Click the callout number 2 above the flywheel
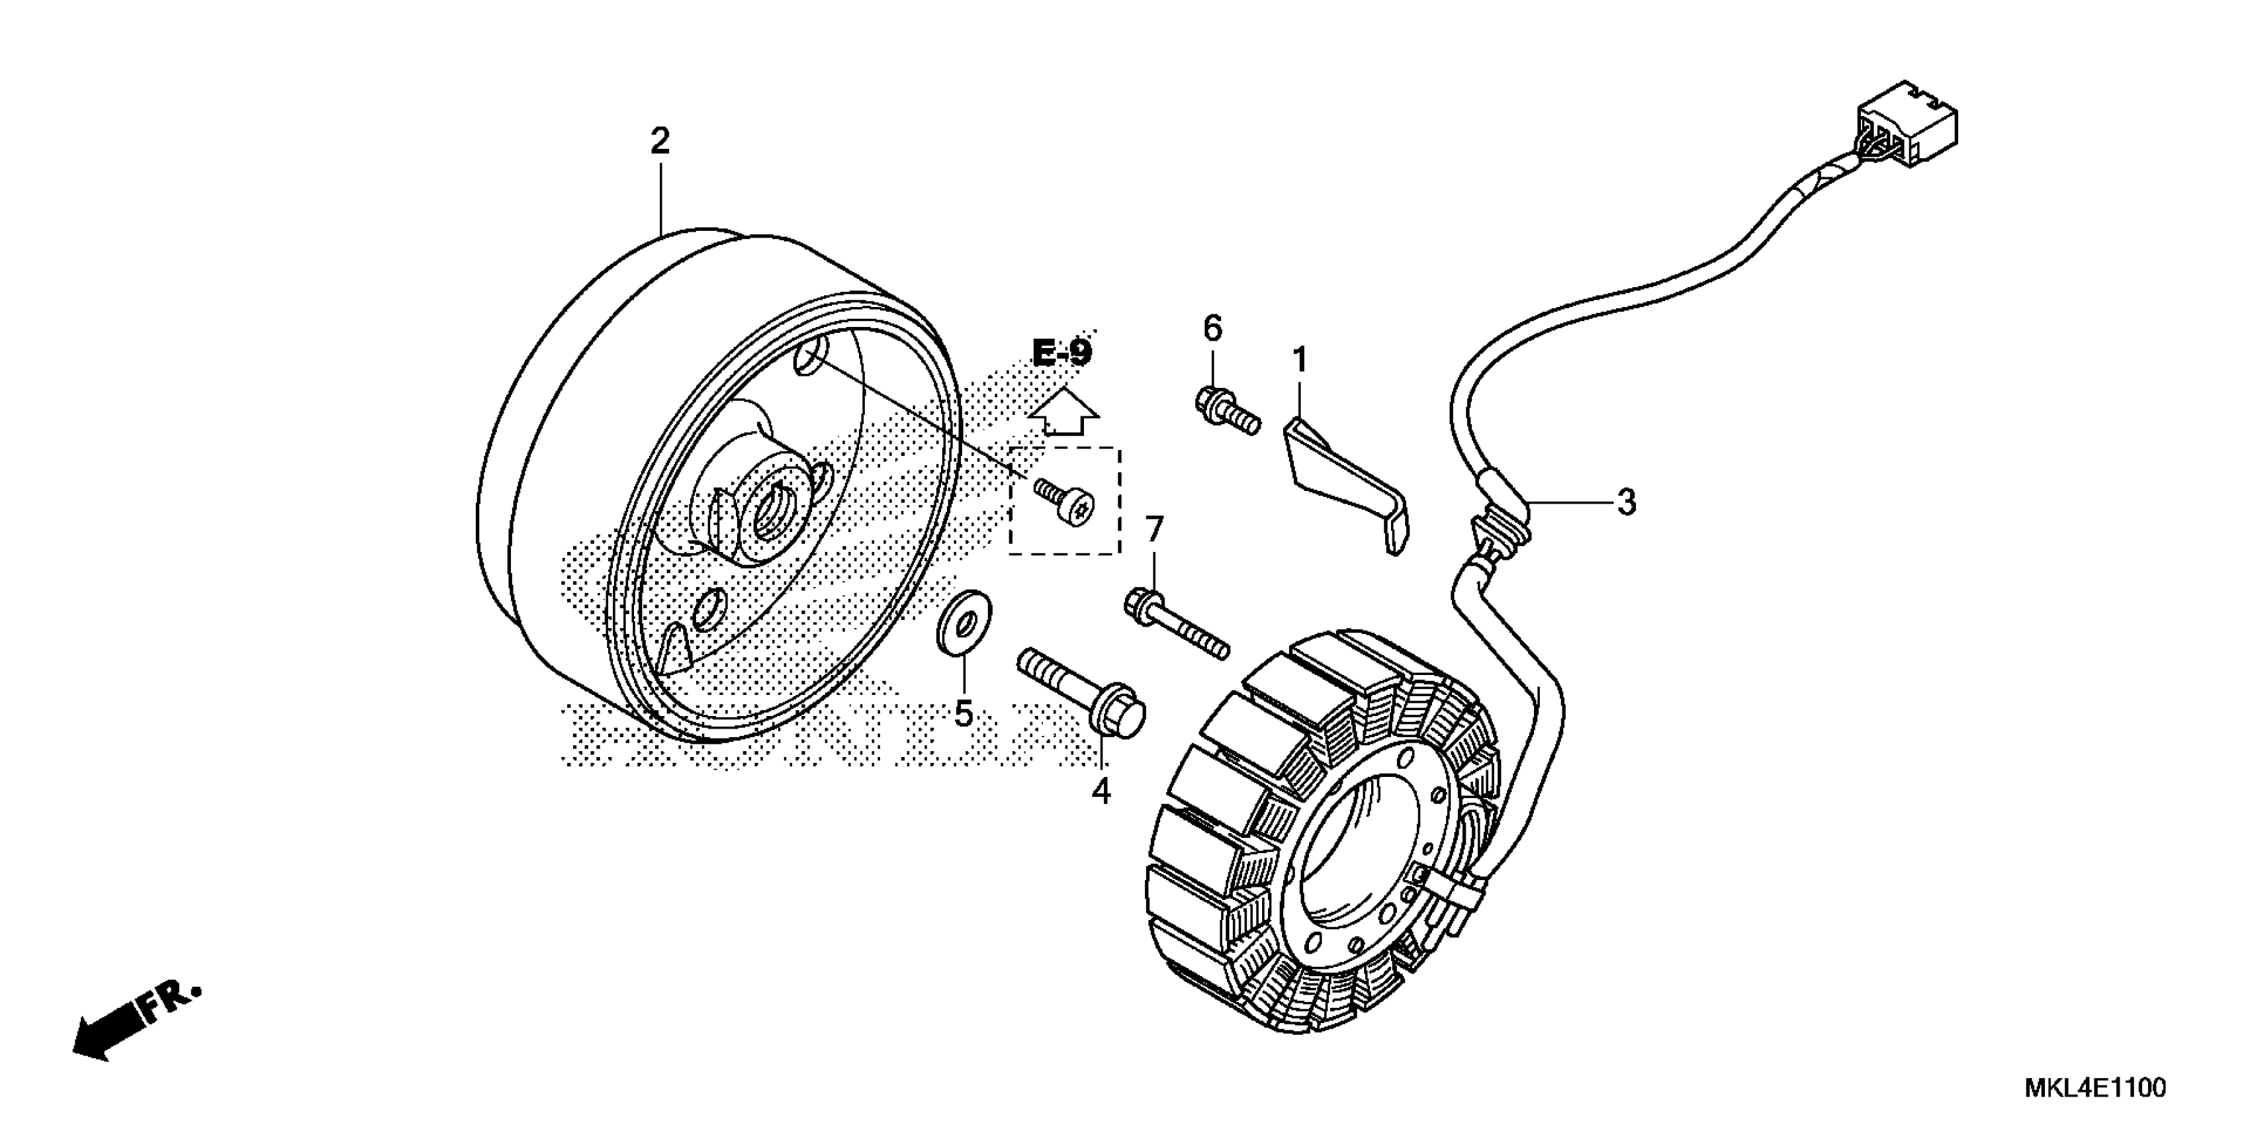[x=660, y=142]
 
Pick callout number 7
[x=1155, y=529]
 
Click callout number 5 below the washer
[x=964, y=713]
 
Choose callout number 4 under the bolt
[x=1101, y=791]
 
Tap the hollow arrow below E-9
[x=1063, y=412]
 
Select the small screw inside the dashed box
[x=1065, y=503]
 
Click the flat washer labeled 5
[x=964, y=625]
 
